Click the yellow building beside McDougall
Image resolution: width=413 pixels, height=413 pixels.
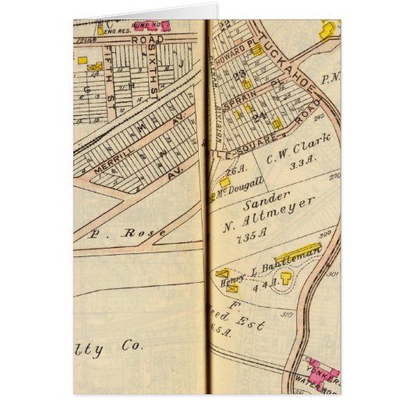pos(224,182)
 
